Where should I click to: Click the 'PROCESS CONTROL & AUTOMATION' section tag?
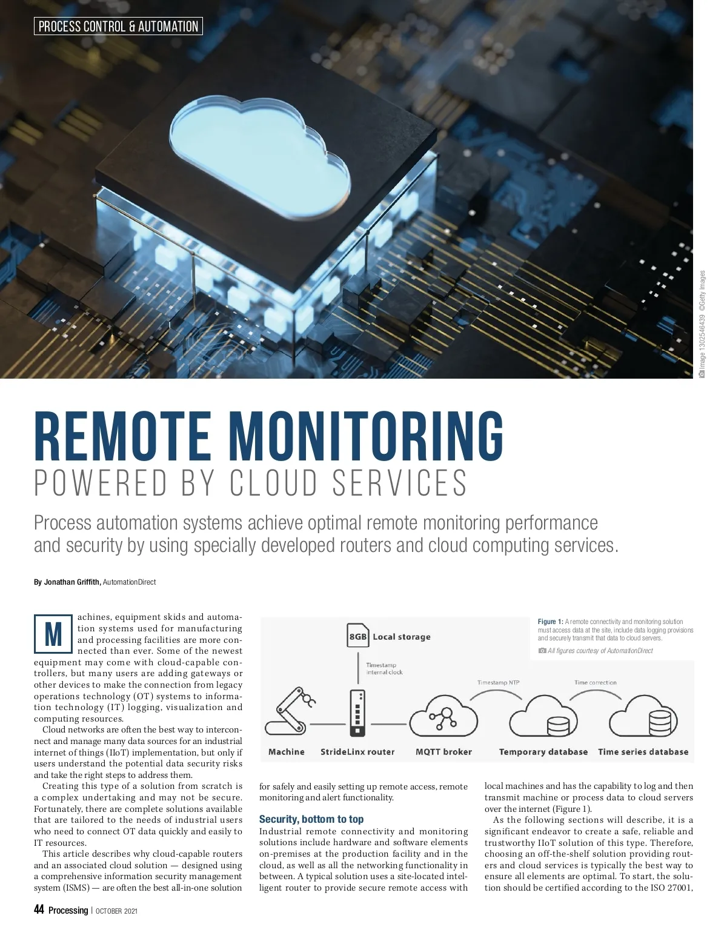point(118,26)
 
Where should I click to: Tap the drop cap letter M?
point(53,634)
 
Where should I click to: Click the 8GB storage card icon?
point(358,636)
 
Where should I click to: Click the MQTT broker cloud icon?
point(444,715)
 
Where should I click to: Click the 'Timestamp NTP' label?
point(498,683)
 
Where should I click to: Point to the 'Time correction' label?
point(596,683)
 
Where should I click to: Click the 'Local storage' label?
point(402,637)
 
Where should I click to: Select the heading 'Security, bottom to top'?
point(311,819)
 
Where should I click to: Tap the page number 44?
point(39,910)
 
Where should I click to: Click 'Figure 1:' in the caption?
point(550,622)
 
